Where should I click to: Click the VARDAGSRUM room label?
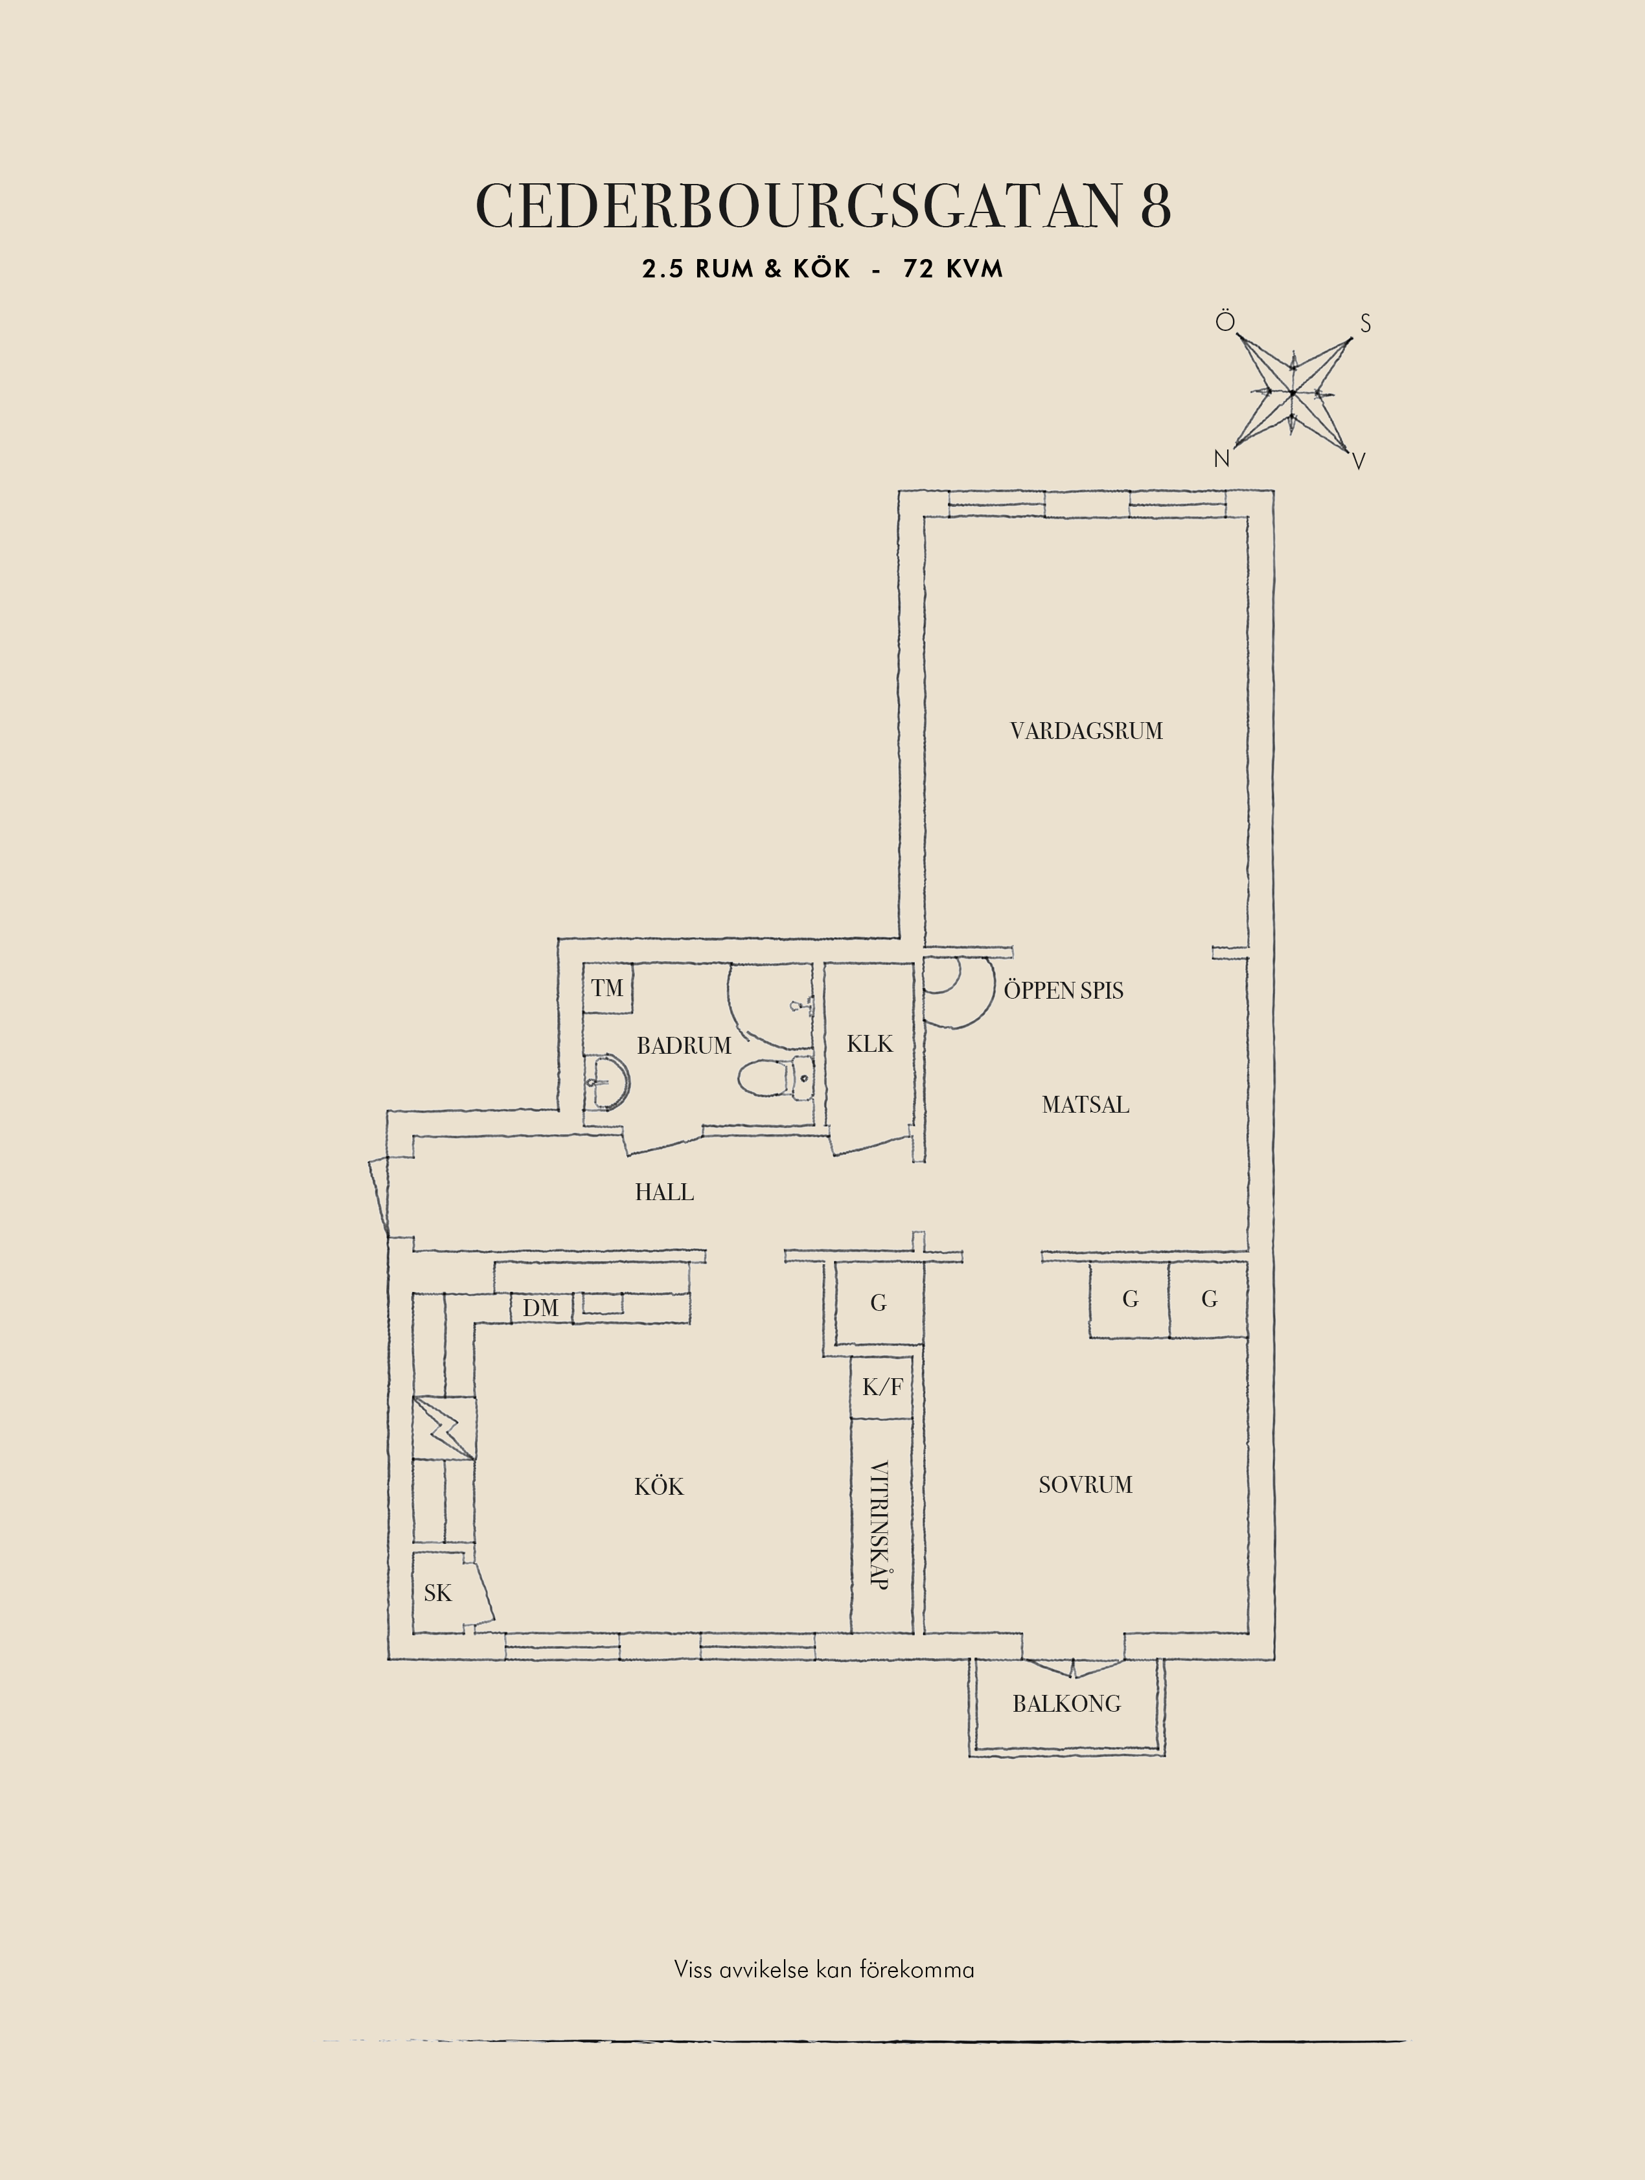pos(1086,731)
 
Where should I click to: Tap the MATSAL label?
pos(1085,1105)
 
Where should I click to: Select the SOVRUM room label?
pos(1085,1484)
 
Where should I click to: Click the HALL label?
pos(664,1192)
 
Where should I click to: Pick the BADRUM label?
pos(684,1046)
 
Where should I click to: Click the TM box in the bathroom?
pos(607,988)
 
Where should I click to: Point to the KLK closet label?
pos(869,1043)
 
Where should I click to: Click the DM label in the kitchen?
pos(540,1308)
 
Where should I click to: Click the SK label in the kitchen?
pos(437,1593)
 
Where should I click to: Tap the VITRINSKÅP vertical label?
pos(880,1524)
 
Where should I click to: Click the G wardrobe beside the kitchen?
pos(878,1303)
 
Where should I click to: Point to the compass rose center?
pos(1291,393)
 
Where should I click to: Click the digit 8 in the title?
pos(1156,206)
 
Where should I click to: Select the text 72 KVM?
pos(952,269)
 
